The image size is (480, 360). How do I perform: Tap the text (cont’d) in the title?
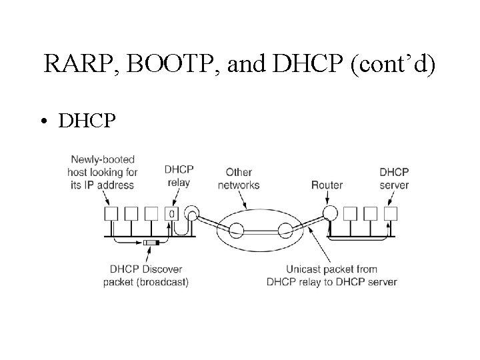[391, 65]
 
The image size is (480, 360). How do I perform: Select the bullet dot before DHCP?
[43, 121]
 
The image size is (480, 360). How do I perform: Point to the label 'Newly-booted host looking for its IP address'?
[103, 172]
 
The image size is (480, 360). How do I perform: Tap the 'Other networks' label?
[239, 178]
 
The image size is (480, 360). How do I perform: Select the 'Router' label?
[327, 185]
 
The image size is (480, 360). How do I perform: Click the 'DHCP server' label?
[393, 177]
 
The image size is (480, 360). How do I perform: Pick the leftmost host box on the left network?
[111, 213]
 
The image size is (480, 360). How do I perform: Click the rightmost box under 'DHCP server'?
[391, 213]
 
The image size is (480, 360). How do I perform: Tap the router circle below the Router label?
[328, 213]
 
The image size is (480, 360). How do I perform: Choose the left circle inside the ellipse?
[237, 231]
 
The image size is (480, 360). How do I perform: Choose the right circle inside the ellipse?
[286, 231]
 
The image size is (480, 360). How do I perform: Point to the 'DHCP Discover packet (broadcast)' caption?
[145, 276]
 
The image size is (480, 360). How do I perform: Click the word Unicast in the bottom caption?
[303, 270]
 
